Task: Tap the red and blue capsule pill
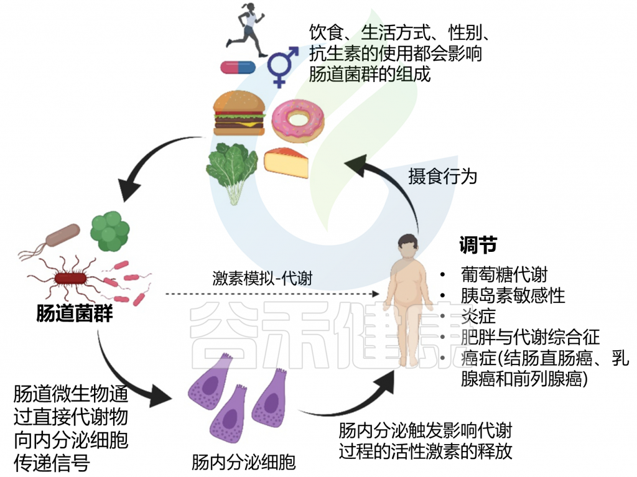[239, 67]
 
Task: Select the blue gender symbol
[283, 65]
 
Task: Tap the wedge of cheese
[287, 164]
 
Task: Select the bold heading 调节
[478, 246]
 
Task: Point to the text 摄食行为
[442, 176]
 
